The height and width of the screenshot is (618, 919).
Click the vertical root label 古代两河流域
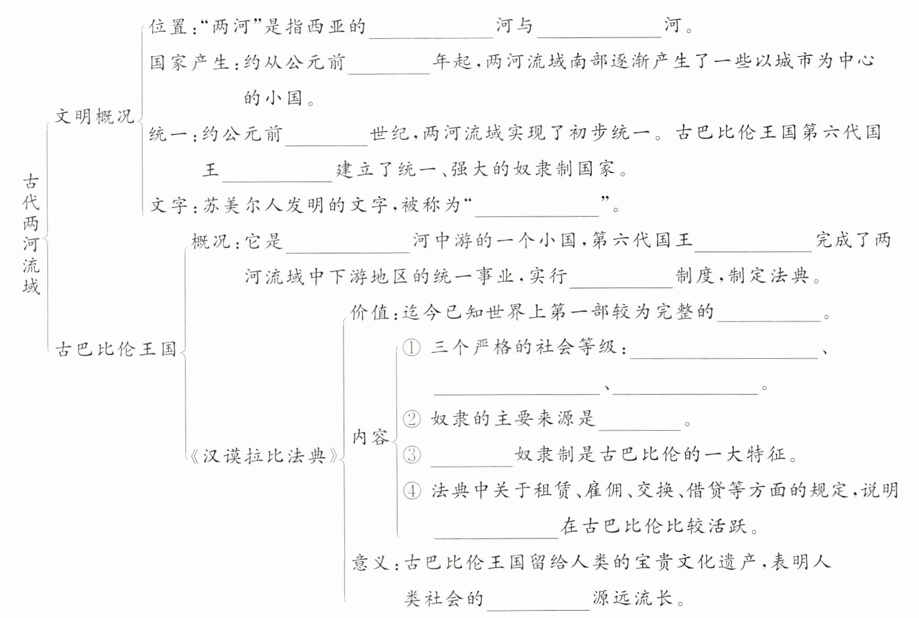click(x=31, y=234)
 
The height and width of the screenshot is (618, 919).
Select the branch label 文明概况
click(x=95, y=116)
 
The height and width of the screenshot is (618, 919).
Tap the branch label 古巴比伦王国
click(x=116, y=349)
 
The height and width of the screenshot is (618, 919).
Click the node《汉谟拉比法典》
click(x=264, y=456)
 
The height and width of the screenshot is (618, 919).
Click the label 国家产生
click(x=189, y=62)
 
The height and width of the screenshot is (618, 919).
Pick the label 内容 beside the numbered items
click(x=371, y=436)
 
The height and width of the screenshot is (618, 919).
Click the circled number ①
click(x=412, y=347)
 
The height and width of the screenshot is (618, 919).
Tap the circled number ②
click(x=412, y=419)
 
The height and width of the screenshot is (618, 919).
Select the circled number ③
click(x=412, y=454)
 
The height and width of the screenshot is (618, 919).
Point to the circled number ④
click(x=412, y=491)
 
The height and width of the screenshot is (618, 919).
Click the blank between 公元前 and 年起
click(x=389, y=65)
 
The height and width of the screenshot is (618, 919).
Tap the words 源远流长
click(x=633, y=599)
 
